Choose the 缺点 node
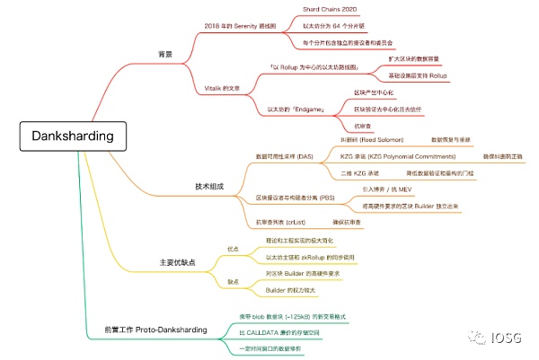pyautogui.click(x=233, y=281)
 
